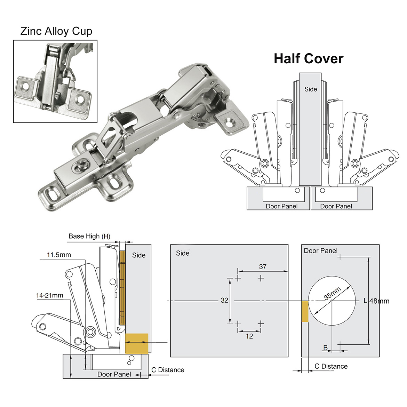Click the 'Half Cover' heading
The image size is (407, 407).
coord(308,58)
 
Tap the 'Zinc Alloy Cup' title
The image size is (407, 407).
coord(56,31)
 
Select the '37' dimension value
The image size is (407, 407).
coord(263,267)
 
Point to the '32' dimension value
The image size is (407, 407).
coord(224,300)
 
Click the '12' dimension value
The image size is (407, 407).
coord(249,336)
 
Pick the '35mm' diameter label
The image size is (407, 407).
coord(333,294)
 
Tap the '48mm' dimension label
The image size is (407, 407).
coord(379,301)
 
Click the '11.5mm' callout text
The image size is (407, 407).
coord(59,255)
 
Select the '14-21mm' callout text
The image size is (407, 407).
coord(50,295)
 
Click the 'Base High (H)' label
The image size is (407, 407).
coord(89,236)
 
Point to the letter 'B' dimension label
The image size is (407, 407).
coord(326,348)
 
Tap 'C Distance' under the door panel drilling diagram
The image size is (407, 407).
coord(331,366)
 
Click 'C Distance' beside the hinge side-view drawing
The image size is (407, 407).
coord(168,370)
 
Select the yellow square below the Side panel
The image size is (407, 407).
coord(136,343)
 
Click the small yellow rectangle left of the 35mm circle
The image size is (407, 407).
coord(305,311)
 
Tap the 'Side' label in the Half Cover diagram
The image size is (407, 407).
coord(311,89)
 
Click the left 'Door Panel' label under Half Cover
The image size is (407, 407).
coord(281,206)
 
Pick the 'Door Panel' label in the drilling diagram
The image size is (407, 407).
coord(320,251)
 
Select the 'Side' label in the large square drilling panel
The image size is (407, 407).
coord(183,253)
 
